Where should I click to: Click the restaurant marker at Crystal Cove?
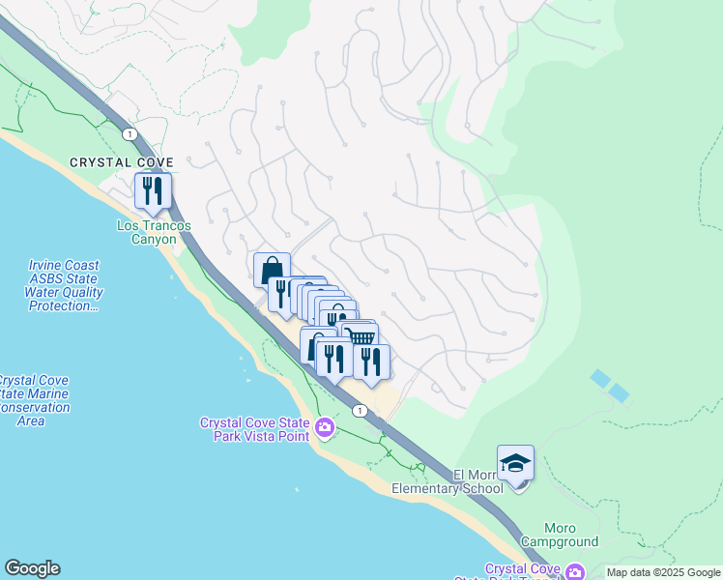(x=153, y=190)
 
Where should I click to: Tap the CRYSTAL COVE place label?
(x=121, y=162)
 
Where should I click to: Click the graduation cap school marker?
(x=515, y=464)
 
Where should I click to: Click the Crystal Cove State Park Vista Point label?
(x=255, y=429)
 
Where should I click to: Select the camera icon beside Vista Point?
(x=325, y=426)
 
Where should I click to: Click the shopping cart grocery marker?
(x=361, y=336)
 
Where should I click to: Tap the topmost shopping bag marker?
(x=272, y=269)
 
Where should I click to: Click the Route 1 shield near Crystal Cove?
(x=129, y=132)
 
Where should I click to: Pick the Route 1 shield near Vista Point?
(x=360, y=411)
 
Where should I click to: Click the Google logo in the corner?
(x=32, y=568)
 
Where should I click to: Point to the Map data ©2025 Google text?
(x=663, y=572)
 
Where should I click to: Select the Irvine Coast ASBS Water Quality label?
(x=65, y=286)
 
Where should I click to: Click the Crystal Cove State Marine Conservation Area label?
(x=33, y=400)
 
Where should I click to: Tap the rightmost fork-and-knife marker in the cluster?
(x=371, y=362)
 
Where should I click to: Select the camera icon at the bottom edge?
(x=575, y=572)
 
